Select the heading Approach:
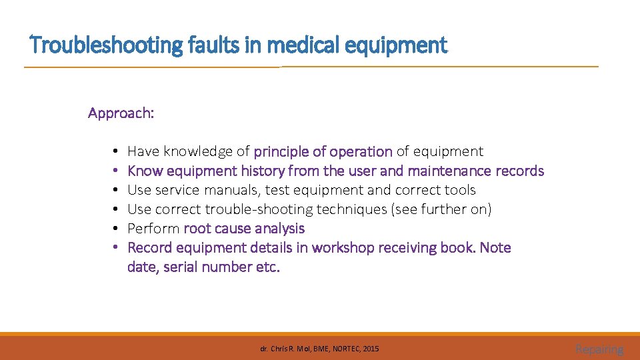121,113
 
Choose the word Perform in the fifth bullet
153,229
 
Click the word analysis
278,229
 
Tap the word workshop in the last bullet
342,248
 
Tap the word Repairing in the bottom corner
599,349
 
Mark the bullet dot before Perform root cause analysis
115,229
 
